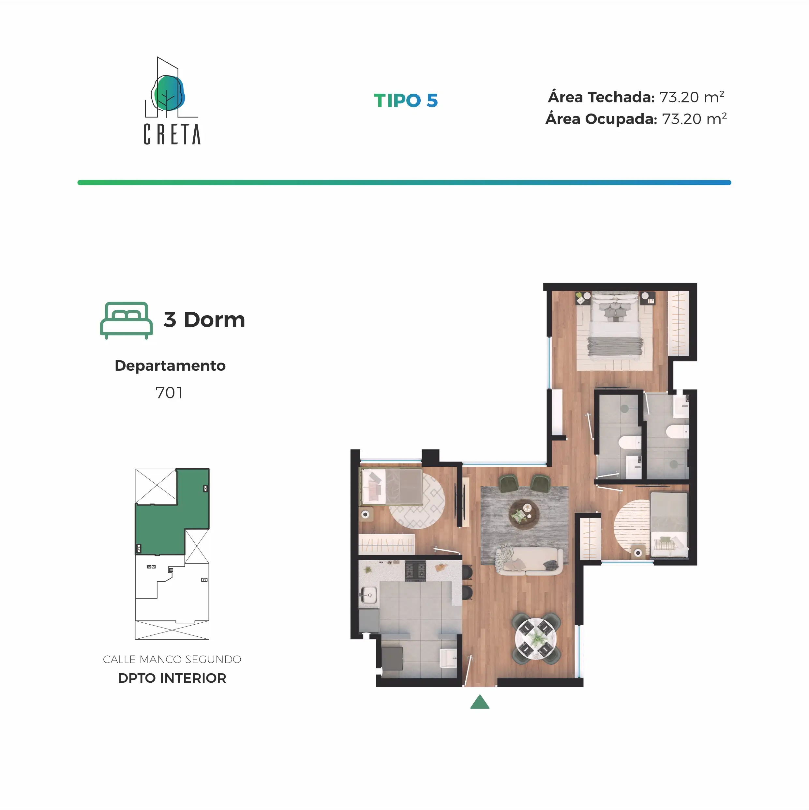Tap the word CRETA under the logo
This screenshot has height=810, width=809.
[x=172, y=134]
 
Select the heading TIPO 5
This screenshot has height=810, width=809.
[x=406, y=101]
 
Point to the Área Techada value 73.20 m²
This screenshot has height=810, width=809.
[x=692, y=97]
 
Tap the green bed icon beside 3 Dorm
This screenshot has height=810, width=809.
[x=126, y=320]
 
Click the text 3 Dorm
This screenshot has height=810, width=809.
[x=204, y=320]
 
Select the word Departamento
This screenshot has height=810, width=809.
[x=170, y=366]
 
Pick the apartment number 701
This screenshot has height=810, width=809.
[x=169, y=393]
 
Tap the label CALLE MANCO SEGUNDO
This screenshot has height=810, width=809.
[x=172, y=660]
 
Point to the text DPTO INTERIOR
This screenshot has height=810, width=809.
[x=172, y=678]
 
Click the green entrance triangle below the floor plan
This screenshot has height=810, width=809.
[x=480, y=702]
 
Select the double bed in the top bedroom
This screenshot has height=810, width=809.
[x=615, y=326]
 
